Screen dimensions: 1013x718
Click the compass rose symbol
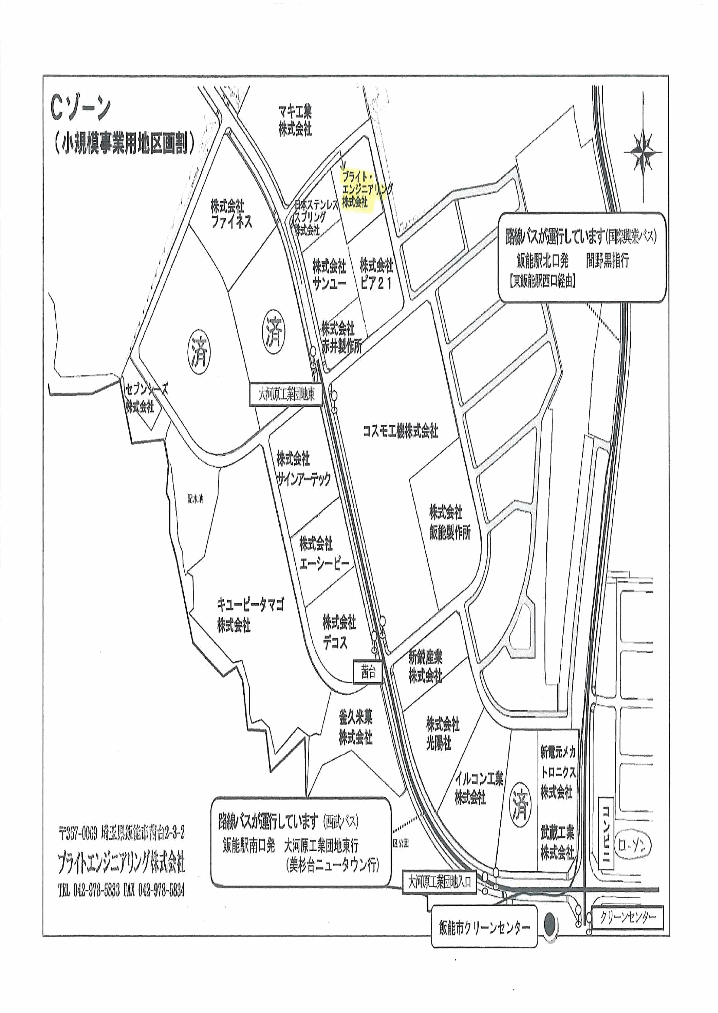tap(643, 152)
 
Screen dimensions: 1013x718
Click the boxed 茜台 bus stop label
tap(368, 672)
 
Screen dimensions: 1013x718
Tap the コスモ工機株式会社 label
tap(400, 430)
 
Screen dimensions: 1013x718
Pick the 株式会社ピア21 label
tap(376, 274)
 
